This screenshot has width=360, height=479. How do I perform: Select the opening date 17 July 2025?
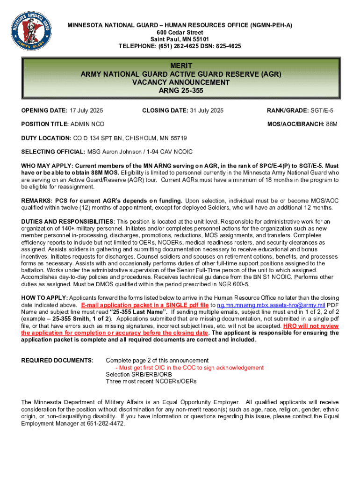click(x=86, y=111)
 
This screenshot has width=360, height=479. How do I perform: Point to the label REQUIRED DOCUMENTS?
click(x=58, y=360)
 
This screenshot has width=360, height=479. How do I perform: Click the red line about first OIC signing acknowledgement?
click(x=189, y=368)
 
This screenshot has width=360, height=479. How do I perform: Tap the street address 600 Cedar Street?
click(x=180, y=32)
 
